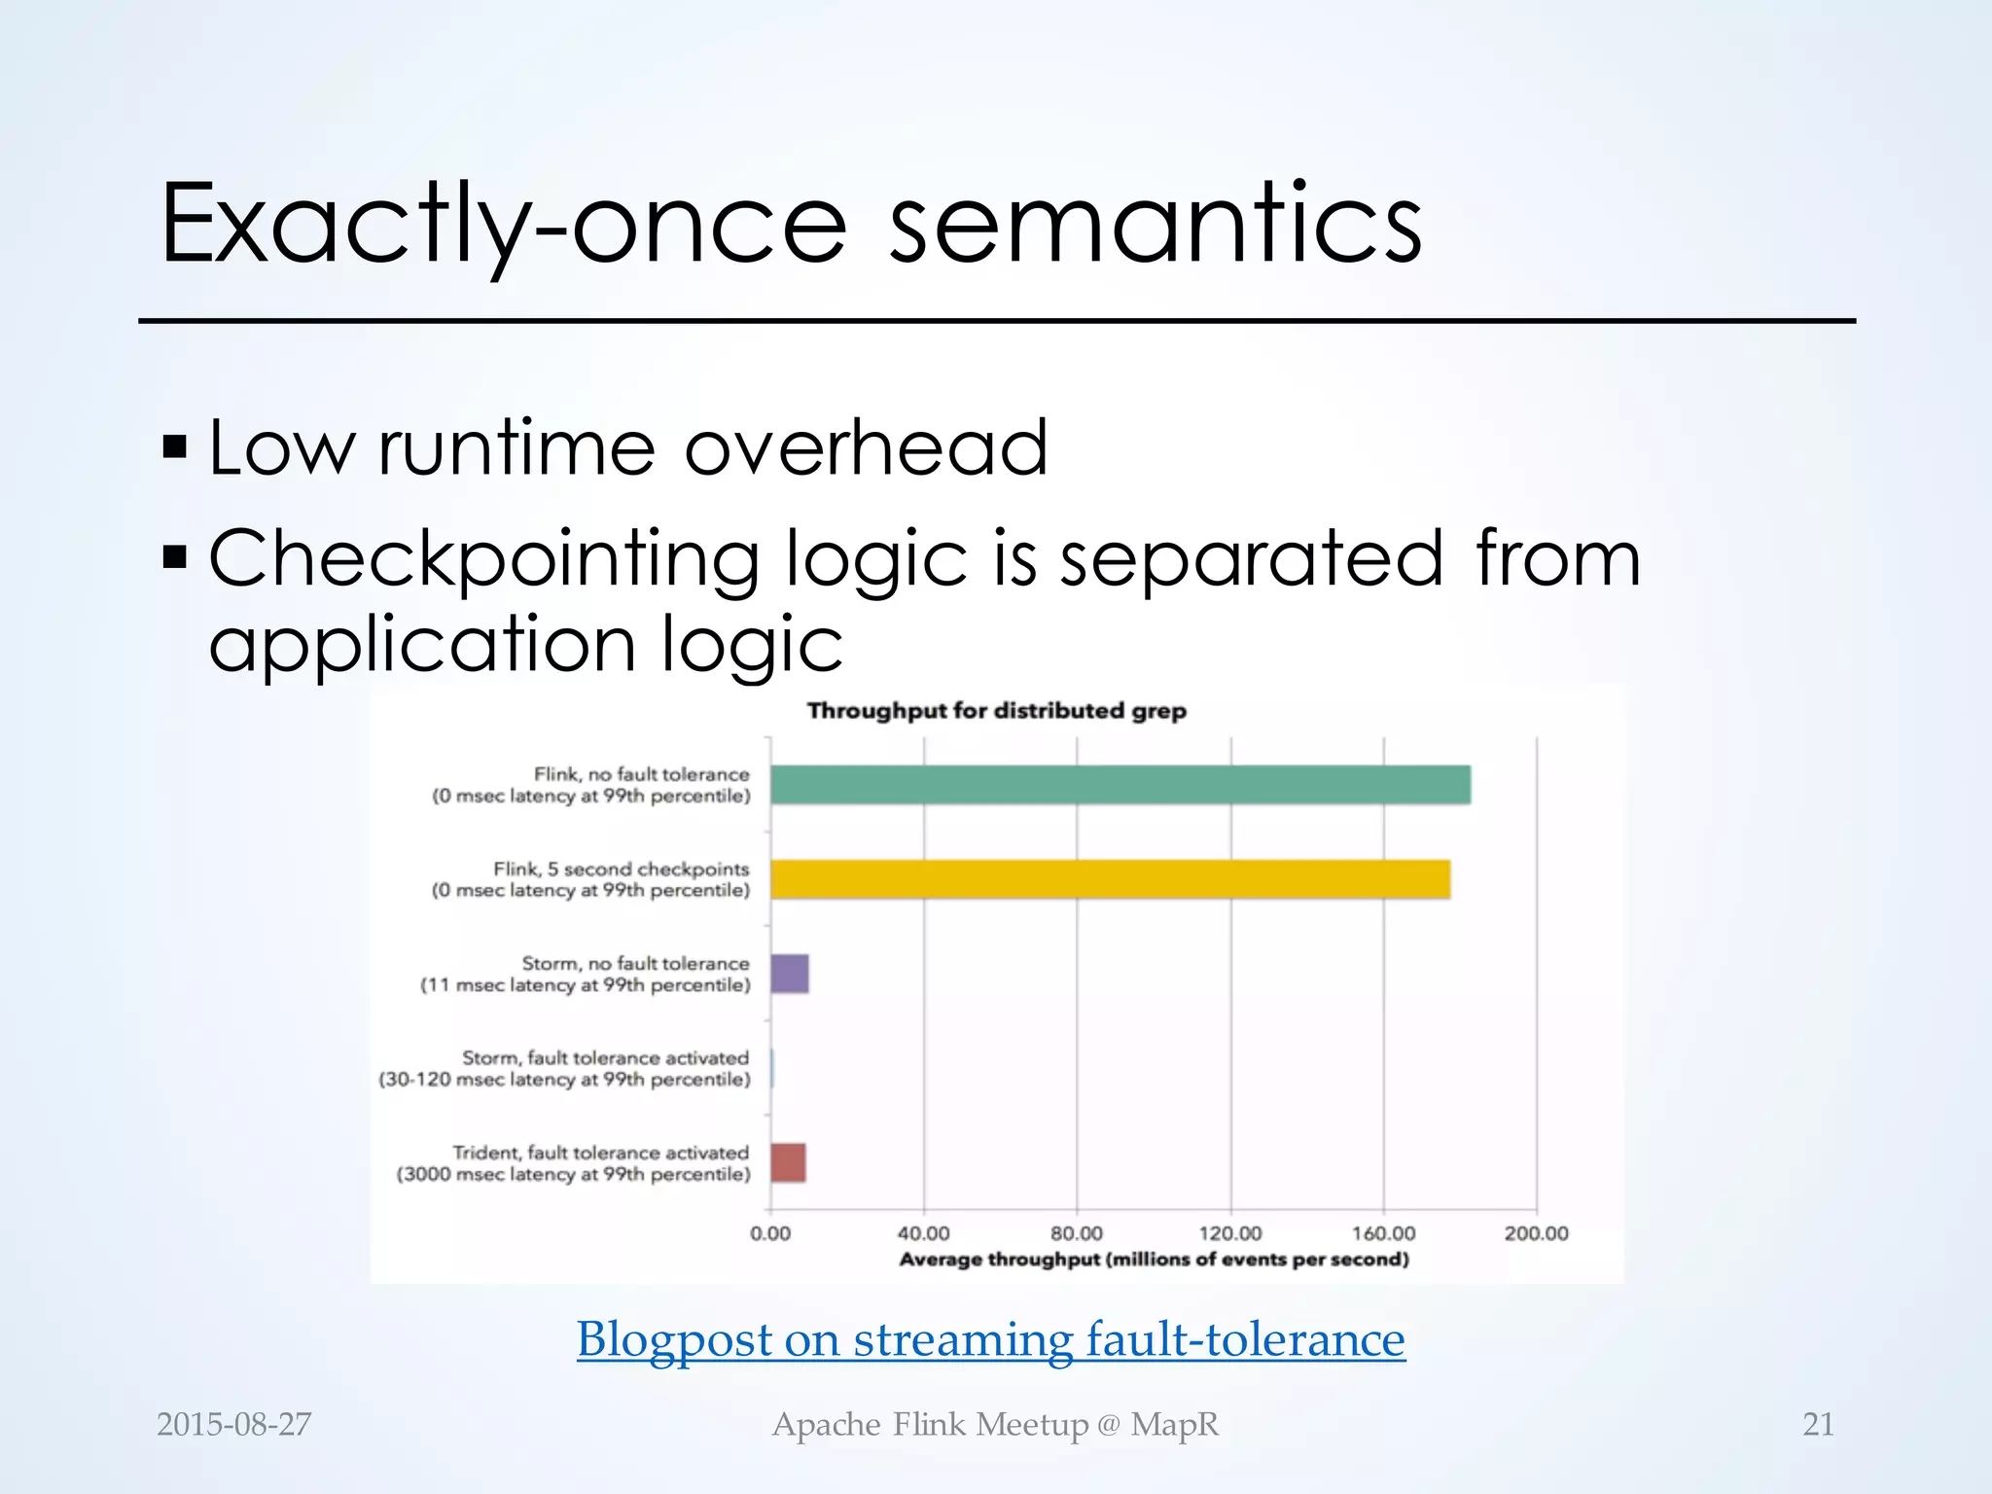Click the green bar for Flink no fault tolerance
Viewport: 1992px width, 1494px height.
1119,785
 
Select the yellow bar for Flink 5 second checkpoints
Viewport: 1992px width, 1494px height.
1109,879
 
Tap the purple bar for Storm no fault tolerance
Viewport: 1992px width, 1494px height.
789,974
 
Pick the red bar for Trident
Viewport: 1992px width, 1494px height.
788,1162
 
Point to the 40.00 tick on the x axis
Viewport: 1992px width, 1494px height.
923,1233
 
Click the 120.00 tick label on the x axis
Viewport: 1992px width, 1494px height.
1229,1233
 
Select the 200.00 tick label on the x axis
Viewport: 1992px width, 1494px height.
1536,1233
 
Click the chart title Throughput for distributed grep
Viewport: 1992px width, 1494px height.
996,711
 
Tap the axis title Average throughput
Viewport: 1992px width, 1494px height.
1153,1260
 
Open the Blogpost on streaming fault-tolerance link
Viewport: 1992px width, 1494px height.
990,1339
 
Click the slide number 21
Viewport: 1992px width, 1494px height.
1818,1424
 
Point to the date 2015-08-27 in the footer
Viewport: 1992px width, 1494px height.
233,1424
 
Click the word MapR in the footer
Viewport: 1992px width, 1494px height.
1174,1424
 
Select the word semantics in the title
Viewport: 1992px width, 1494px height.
1156,226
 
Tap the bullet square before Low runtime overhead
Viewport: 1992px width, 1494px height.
175,447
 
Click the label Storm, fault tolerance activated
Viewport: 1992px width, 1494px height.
605,1057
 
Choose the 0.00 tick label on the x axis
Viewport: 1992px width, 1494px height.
770,1233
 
